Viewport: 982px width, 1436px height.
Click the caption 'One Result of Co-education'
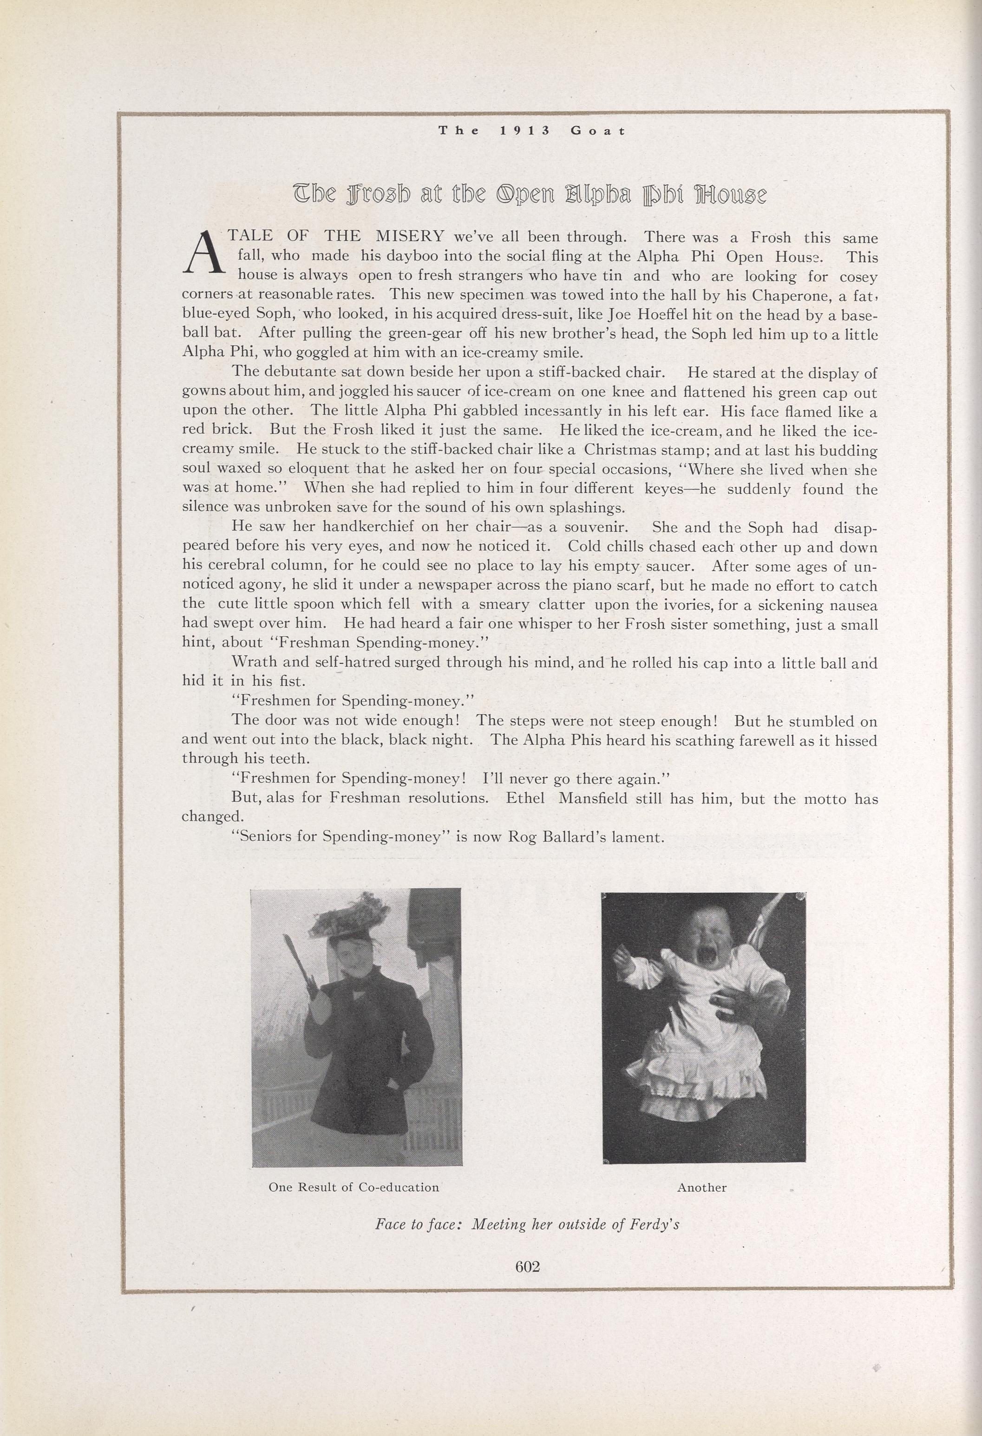point(354,1188)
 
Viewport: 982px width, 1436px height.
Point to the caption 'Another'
point(701,1188)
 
